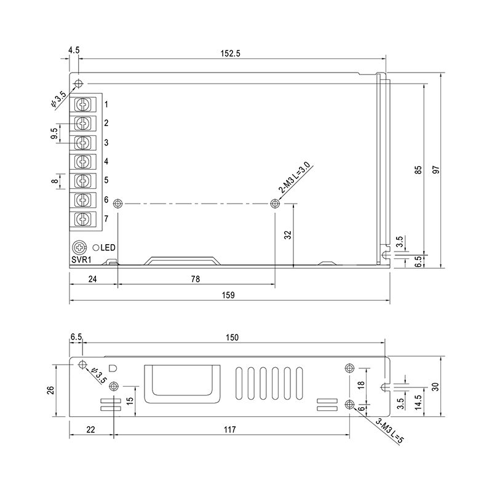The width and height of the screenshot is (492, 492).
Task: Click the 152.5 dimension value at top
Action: pos(230,54)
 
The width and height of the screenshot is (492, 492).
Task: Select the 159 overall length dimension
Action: pos(228,295)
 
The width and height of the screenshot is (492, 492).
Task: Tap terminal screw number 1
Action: pos(83,104)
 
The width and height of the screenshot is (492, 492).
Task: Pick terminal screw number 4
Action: pos(83,162)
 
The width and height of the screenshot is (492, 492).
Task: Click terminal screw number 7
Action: pos(83,219)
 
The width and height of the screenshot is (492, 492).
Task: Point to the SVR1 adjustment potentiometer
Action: pos(79,248)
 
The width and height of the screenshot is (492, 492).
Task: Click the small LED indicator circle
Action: pos(96,248)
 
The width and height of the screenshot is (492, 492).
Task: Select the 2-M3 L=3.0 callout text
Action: pos(294,178)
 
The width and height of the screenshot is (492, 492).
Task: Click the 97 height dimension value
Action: pos(436,170)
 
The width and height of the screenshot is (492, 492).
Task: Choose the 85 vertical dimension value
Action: pos(418,170)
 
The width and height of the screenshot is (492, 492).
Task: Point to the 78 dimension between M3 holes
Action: pos(195,279)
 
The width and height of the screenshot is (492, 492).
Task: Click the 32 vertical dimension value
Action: pos(288,235)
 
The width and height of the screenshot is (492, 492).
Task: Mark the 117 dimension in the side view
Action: pos(229,429)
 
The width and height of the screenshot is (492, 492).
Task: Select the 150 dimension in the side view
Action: pos(232,338)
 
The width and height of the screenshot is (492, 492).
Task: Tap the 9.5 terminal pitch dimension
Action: pos(54,133)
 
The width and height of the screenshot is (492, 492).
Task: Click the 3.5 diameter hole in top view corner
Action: pos(79,84)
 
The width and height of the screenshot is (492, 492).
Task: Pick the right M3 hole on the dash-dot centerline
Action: pos(275,204)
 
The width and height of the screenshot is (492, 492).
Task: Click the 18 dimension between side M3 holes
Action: pos(361,385)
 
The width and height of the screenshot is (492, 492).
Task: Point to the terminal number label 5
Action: pos(106,180)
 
